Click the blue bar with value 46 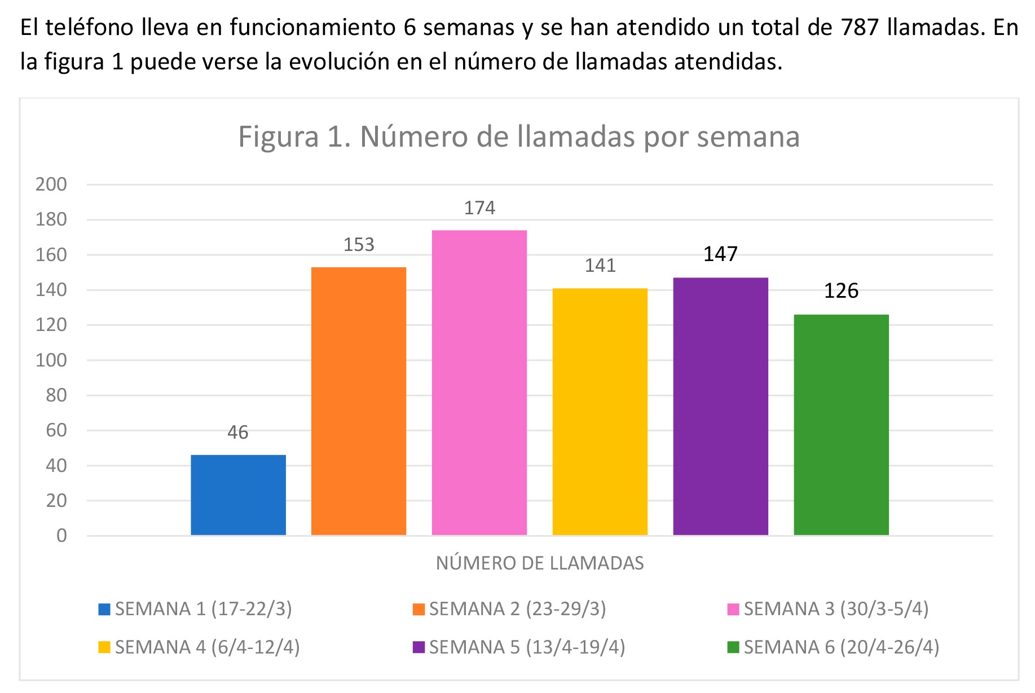[x=238, y=495]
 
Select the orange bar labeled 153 [x=359, y=401]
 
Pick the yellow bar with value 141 [x=600, y=412]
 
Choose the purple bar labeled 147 [x=721, y=406]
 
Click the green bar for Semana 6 [x=841, y=425]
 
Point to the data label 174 [x=479, y=208]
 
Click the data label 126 [x=841, y=291]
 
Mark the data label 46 [x=238, y=432]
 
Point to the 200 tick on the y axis [x=51, y=184]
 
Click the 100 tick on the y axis [x=51, y=360]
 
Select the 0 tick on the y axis [x=61, y=536]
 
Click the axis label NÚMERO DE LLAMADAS [x=540, y=563]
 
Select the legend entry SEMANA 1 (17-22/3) [x=203, y=609]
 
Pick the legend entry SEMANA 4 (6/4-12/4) [x=207, y=647]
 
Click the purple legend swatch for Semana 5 [x=419, y=647]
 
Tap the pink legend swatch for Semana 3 [x=733, y=610]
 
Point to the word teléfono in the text [x=90, y=27]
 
